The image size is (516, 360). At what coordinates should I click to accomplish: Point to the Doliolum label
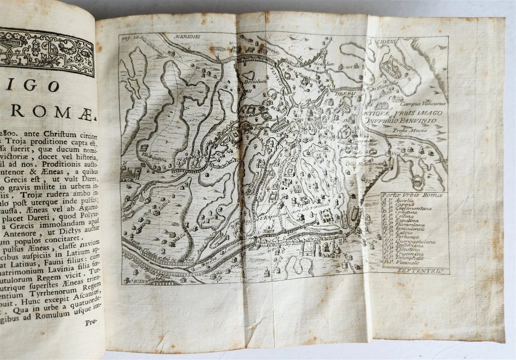point(253,81)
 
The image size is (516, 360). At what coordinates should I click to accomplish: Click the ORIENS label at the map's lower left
point(136,280)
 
